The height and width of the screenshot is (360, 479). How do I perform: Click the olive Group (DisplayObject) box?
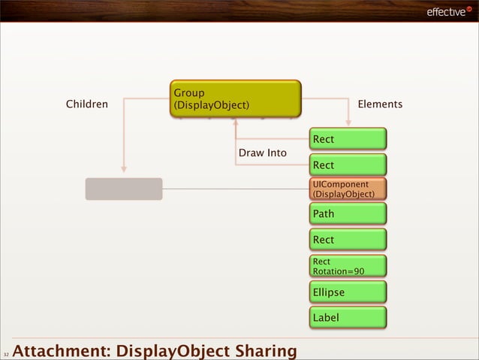coord(235,99)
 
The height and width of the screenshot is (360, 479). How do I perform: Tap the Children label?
coord(87,104)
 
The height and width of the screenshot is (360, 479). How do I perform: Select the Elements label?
coord(380,104)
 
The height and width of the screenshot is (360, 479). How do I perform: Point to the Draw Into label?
coord(262,153)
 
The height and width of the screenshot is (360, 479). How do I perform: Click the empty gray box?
coord(124,189)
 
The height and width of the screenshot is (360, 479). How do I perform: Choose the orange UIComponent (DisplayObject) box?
coord(348,189)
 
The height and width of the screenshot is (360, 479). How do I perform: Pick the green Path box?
coord(348,214)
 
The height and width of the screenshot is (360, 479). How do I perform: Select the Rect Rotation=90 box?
coord(348,265)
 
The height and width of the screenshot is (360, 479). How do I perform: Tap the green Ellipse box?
coord(348,292)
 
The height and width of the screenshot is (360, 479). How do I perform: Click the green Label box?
coord(348,317)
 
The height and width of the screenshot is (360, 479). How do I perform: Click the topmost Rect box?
coord(348,139)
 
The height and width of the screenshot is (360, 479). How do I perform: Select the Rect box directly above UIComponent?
coord(348,165)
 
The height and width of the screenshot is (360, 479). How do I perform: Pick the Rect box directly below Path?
coord(348,240)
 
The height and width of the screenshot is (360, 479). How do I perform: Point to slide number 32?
coord(5,353)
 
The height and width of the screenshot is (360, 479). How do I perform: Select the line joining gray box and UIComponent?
coord(236,189)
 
